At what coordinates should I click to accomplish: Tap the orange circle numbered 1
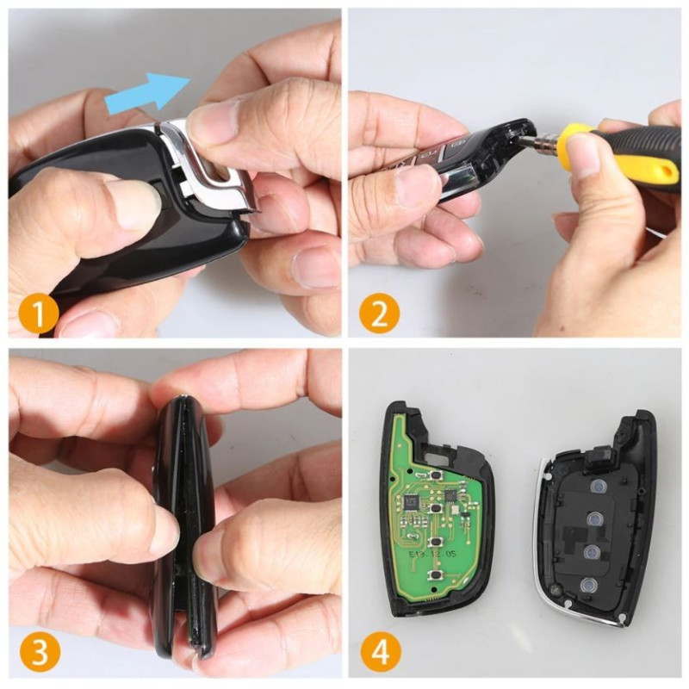pyautogui.click(x=40, y=312)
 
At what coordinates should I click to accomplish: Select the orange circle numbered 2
pyautogui.click(x=379, y=312)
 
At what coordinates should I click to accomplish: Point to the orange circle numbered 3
pyautogui.click(x=40, y=652)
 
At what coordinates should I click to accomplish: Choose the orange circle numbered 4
pyautogui.click(x=379, y=652)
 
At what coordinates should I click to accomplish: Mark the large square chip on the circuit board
pyautogui.click(x=411, y=499)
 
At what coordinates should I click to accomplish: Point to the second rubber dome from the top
pyautogui.click(x=593, y=520)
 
